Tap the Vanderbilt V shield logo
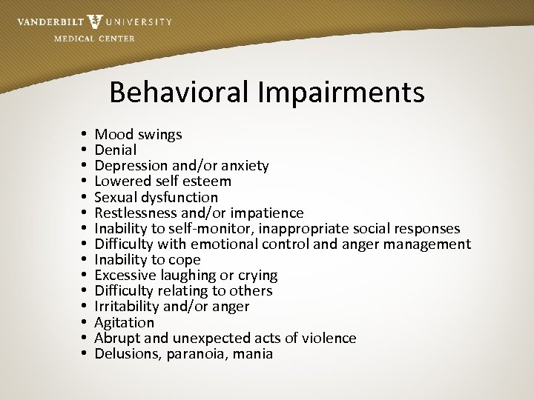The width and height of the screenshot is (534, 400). click(x=95, y=21)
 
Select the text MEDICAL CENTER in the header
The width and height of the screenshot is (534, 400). click(x=95, y=39)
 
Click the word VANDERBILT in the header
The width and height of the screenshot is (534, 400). click(x=50, y=21)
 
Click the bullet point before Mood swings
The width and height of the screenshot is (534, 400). click(x=86, y=135)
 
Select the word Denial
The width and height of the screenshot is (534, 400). click(x=116, y=150)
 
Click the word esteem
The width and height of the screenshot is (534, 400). click(x=208, y=181)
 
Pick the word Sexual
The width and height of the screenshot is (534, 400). click(x=116, y=197)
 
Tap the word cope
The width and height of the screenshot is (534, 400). click(x=185, y=259)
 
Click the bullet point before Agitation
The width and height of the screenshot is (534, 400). click(x=86, y=322)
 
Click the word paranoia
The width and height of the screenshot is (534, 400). click(x=193, y=354)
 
